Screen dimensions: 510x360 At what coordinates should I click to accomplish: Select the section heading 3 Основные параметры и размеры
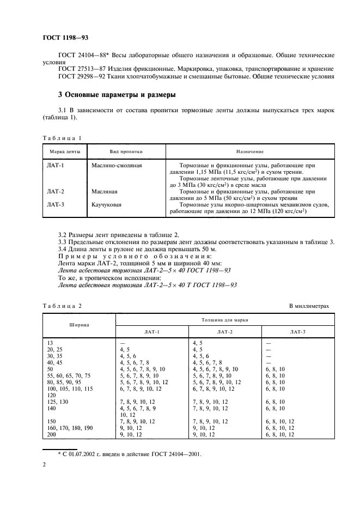117,95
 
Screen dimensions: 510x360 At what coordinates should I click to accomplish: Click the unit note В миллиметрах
309,306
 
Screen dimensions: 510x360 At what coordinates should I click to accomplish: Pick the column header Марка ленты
65,151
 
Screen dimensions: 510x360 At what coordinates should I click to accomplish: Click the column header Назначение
250,151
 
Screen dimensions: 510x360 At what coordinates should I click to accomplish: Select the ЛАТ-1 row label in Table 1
56,165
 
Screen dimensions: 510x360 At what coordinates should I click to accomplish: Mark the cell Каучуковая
107,205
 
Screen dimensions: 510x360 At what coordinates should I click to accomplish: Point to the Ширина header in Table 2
79,325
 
